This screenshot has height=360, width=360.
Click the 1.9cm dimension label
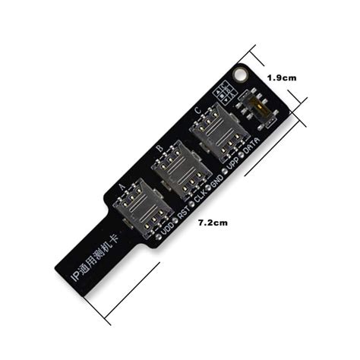click(281, 77)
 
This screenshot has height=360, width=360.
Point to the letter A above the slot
click(123, 185)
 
